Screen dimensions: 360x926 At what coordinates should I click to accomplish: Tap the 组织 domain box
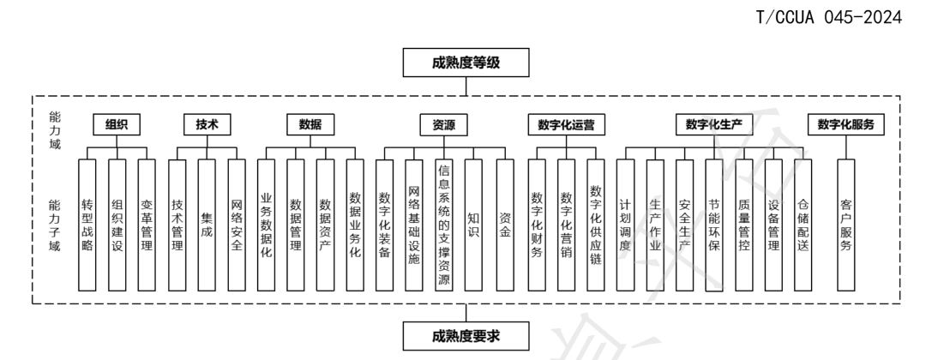117,124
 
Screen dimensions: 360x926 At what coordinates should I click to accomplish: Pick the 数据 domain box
310,124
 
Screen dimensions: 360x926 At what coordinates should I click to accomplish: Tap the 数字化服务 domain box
846,124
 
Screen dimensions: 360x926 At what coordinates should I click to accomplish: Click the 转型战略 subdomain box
87,225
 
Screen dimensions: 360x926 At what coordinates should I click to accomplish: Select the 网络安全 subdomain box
237,225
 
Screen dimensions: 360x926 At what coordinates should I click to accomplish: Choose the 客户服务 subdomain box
846,225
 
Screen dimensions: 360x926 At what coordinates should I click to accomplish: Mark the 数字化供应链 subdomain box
596,225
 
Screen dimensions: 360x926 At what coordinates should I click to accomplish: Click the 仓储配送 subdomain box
803,225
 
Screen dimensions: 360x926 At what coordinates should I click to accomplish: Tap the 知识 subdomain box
474,225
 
